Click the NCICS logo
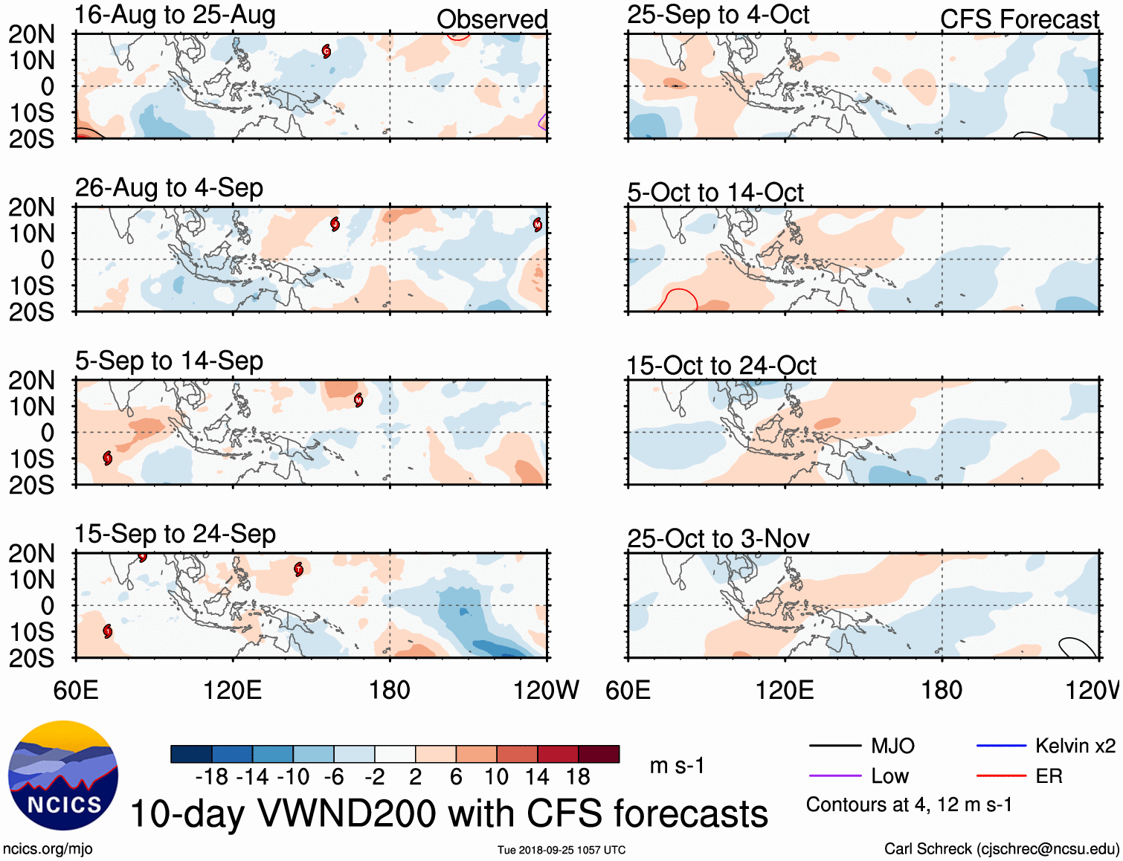pos(63,775)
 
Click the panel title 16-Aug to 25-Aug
pos(175,15)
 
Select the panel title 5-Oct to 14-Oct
pos(715,193)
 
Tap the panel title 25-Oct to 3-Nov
pos(718,538)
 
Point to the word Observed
pos(492,19)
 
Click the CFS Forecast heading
pos(1019,19)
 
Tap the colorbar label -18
pos(212,777)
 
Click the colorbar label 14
pos(537,777)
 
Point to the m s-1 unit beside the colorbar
pos(677,765)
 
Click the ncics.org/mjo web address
pos(48,849)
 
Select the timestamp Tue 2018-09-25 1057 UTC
pos(561,850)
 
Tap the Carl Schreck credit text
pos(1001,849)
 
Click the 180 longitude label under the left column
pos(390,690)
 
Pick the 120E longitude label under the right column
pos(785,690)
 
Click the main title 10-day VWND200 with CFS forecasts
pos(448,813)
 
